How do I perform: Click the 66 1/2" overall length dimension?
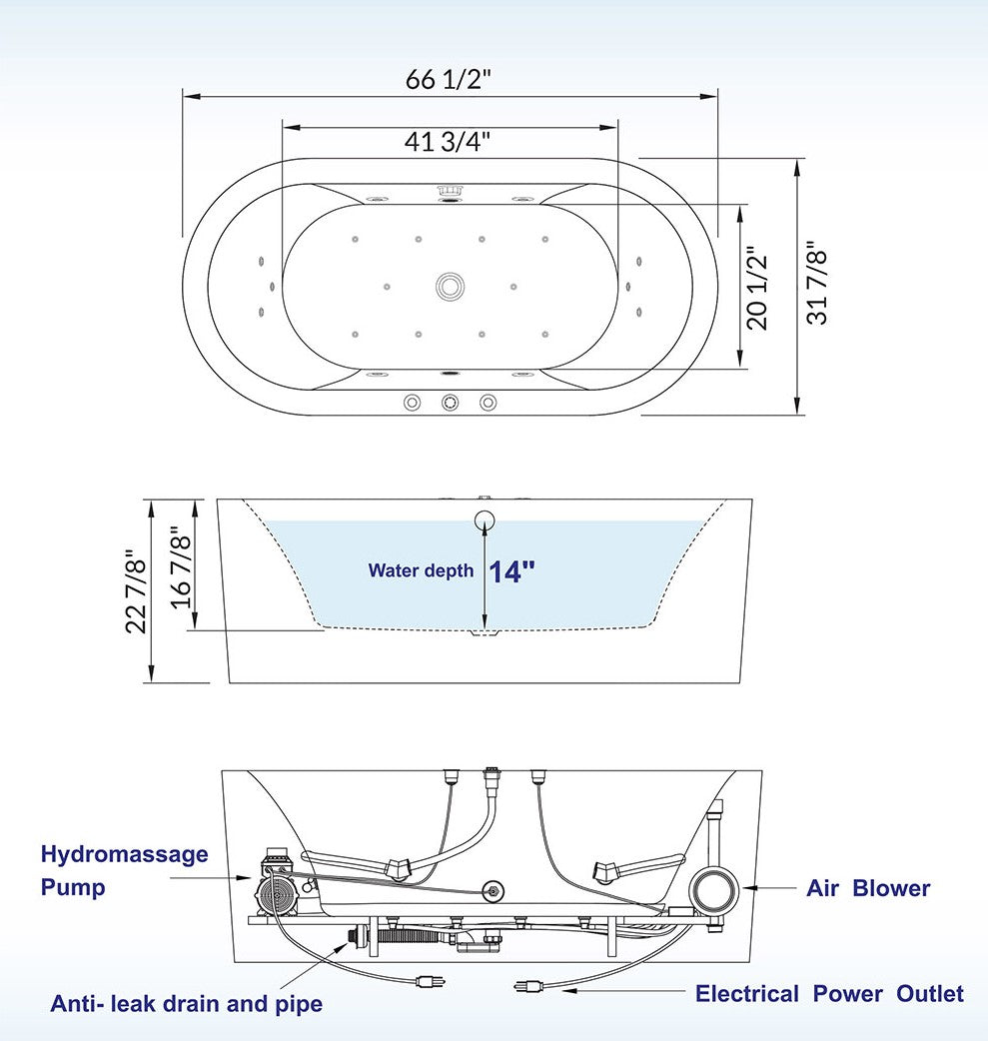(449, 80)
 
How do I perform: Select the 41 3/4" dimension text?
(448, 141)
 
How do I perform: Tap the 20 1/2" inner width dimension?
(757, 288)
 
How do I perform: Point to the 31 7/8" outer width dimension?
(817, 282)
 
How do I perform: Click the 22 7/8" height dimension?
(136, 591)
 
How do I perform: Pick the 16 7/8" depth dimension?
(181, 567)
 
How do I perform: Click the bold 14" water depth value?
(511, 571)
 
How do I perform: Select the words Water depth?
(421, 571)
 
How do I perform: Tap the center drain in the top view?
(451, 287)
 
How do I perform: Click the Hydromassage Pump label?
(124, 870)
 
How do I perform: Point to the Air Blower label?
(868, 888)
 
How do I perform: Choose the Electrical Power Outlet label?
(829, 993)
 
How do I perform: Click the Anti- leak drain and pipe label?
(187, 1003)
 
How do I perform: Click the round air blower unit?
(713, 889)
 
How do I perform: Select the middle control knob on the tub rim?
(451, 403)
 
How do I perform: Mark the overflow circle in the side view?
(485, 520)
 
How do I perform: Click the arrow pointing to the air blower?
(769, 887)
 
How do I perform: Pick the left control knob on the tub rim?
(412, 403)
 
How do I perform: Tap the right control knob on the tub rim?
(489, 403)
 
